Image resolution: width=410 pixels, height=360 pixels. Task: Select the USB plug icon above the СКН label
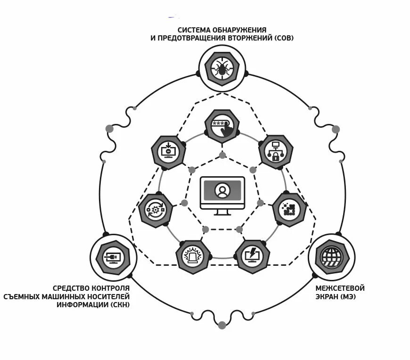113,257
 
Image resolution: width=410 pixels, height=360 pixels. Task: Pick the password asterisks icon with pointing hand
222,127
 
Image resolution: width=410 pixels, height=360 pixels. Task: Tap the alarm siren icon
193,257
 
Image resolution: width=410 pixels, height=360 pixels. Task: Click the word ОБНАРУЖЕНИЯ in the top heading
239,30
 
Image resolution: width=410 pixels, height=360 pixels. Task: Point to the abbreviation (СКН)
118,305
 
